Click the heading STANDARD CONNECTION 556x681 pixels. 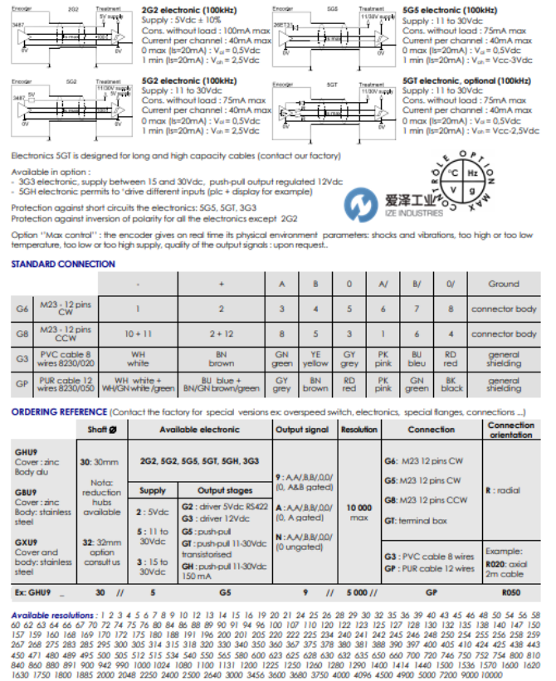coord(63,264)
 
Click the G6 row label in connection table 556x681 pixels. coord(22,309)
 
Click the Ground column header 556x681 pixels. coord(503,284)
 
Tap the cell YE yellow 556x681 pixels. coord(315,359)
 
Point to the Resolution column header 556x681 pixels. coord(358,430)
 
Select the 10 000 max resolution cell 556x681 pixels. coord(358,511)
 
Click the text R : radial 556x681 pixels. coord(502,490)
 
